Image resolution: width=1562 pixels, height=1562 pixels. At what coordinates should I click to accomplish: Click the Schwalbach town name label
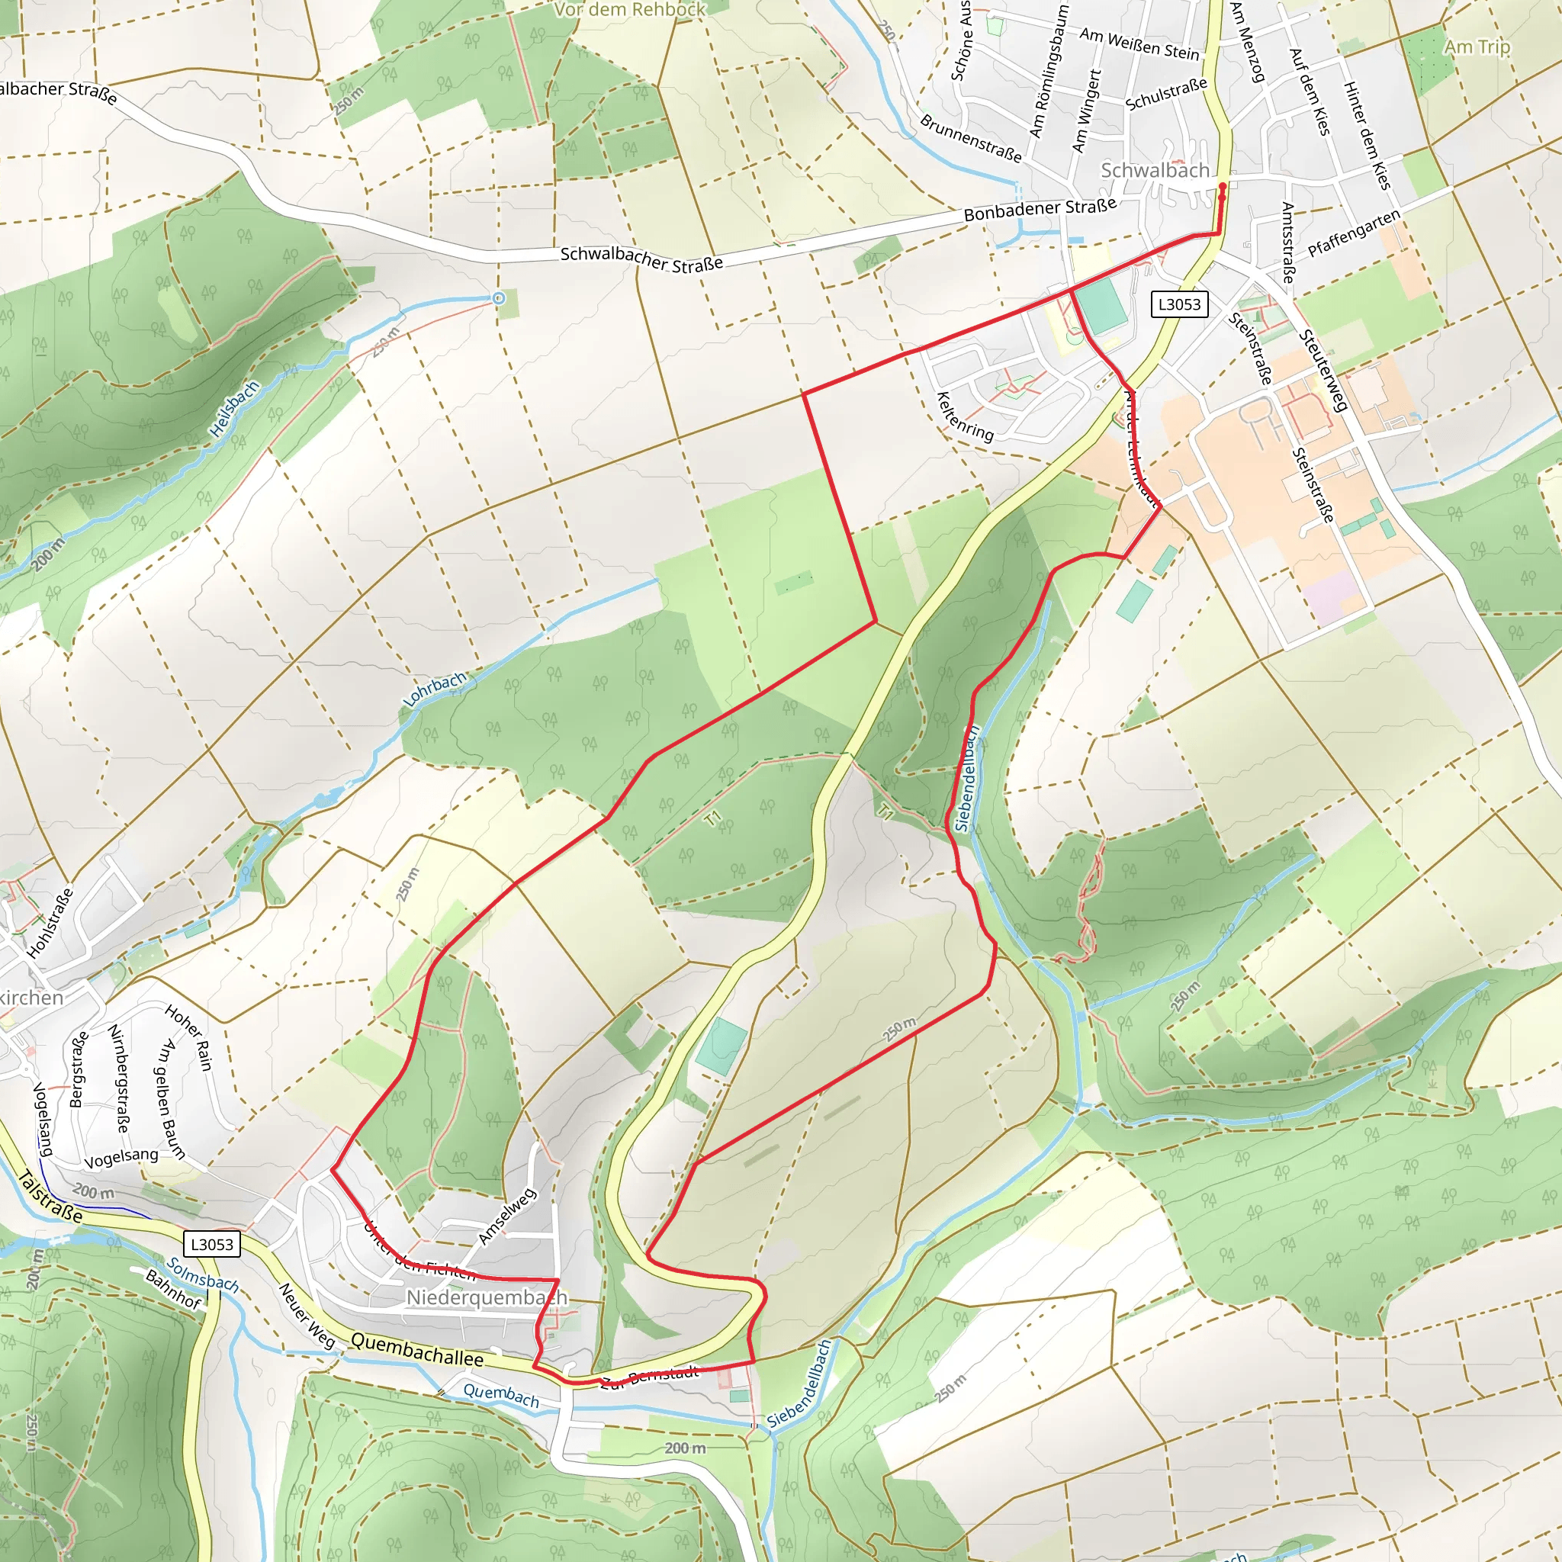1155,171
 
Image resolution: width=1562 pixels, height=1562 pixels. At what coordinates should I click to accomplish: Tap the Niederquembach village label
487,1297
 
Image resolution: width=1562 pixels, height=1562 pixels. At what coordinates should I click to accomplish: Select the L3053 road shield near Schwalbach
1180,304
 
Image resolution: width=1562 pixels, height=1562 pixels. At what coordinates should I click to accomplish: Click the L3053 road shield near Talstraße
212,1244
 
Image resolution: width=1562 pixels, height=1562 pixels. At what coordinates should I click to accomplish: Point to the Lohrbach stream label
435,689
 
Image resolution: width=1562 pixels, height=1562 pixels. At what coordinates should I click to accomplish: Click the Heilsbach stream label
234,409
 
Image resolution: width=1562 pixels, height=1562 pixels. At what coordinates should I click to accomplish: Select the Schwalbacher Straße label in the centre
641,259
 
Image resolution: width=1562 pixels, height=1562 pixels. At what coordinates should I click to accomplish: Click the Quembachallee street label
417,1350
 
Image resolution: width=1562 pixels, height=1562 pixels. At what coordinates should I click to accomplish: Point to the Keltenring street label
965,416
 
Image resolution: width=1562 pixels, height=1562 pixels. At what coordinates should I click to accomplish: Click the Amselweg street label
507,1216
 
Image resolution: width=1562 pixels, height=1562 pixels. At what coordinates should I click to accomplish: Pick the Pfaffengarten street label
1355,233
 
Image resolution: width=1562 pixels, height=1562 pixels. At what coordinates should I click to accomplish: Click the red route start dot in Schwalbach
1222,187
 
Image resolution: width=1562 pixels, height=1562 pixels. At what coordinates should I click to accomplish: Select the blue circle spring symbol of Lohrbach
499,298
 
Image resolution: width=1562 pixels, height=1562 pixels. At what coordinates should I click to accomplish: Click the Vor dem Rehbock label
630,10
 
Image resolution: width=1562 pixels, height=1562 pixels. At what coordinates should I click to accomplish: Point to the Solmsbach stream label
202,1275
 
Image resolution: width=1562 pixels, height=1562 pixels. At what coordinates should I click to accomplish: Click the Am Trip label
1477,47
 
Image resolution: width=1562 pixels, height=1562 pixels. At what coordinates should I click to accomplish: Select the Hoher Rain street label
188,1038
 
